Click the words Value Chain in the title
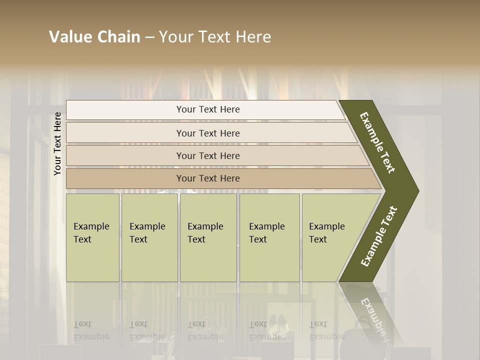pos(94,37)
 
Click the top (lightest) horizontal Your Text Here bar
pos(208,109)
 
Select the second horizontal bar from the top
pos(208,133)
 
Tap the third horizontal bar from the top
pos(208,155)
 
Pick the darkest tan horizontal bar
pos(208,178)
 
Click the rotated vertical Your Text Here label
pos(58,143)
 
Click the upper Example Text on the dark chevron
pos(377,143)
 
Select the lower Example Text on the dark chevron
pos(379,236)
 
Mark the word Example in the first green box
pos(91,226)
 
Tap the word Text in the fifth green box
pos(318,239)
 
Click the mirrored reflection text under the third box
pos(205,330)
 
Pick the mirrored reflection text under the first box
pos(91,330)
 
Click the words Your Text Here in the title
pos(215,37)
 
